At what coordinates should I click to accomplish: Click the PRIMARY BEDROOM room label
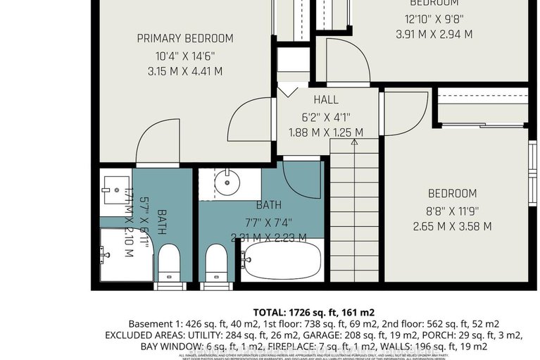click(185, 38)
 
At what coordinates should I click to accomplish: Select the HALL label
click(326, 100)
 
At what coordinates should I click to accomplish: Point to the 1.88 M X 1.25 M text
click(326, 132)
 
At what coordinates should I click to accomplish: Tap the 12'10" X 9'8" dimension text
click(434, 18)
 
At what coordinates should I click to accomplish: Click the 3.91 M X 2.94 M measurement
click(434, 33)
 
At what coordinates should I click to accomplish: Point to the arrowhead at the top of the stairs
click(354, 142)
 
